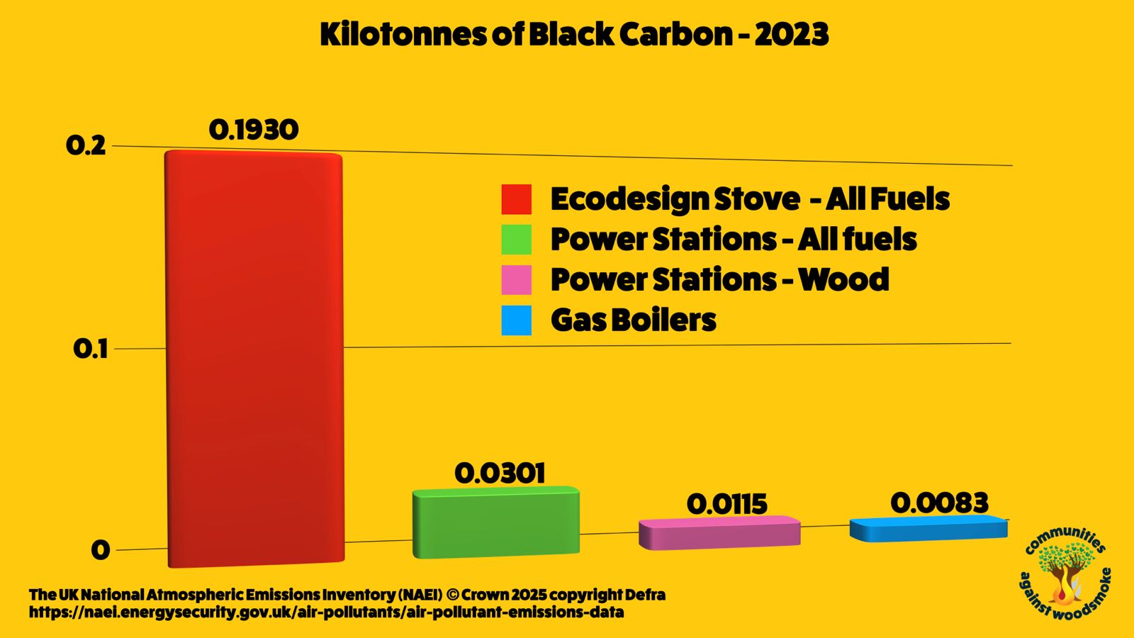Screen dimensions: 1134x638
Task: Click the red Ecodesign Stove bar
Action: tap(254, 359)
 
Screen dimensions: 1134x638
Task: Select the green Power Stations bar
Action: tap(496, 522)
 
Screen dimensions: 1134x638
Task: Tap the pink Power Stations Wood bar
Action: tap(719, 532)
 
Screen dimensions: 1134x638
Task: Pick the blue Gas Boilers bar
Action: tap(928, 528)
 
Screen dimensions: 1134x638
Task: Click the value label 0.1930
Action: tap(254, 130)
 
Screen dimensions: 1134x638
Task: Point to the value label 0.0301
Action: tap(500, 474)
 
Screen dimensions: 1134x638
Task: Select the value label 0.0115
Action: tap(727, 504)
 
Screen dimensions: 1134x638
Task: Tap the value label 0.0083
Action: tap(939, 503)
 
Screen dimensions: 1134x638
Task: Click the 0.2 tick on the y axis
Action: tap(86, 146)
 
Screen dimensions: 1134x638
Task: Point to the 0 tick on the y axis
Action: tap(100, 550)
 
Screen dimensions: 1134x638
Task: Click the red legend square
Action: tap(517, 199)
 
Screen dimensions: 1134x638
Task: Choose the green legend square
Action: tap(517, 240)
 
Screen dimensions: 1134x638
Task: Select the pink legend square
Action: tap(517, 279)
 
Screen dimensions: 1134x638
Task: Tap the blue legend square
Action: tap(517, 320)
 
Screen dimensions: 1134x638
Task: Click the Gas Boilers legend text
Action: tap(634, 320)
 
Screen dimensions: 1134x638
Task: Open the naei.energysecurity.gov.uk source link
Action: tap(327, 612)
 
